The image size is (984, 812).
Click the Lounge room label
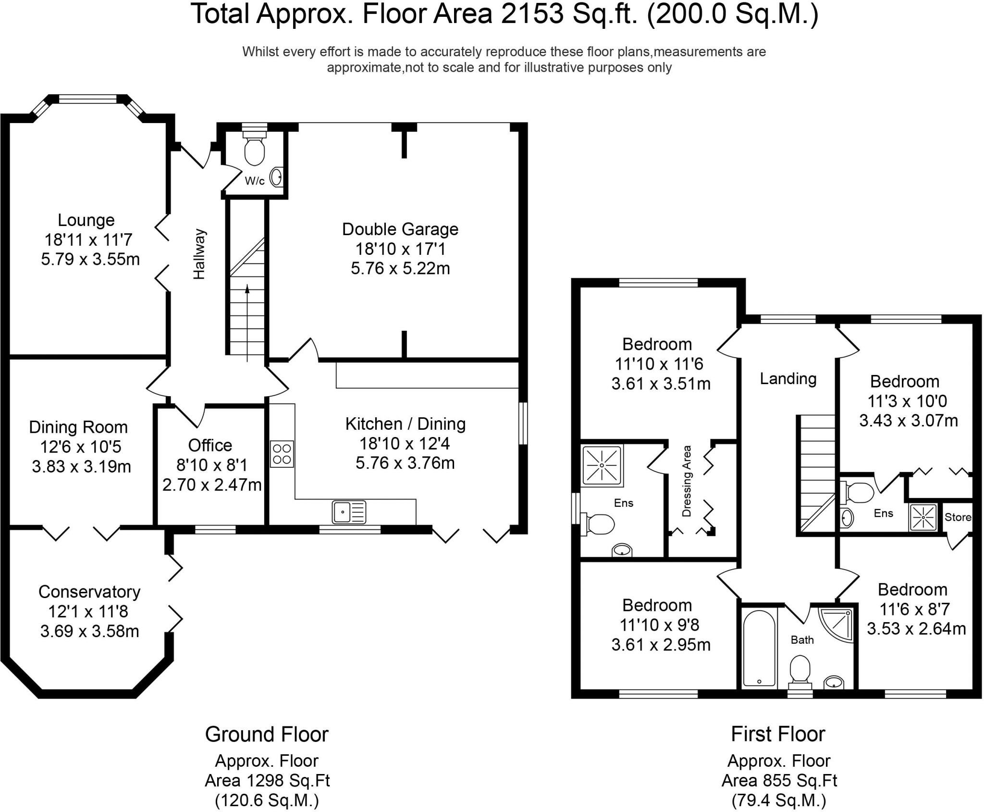[x=86, y=220]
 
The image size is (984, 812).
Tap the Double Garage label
[x=400, y=229]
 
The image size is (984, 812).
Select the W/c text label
[x=255, y=181]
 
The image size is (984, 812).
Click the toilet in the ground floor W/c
[x=254, y=150]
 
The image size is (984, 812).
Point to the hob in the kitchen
[x=282, y=453]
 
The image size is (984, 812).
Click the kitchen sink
[x=349, y=512]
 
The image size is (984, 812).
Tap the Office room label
[x=210, y=446]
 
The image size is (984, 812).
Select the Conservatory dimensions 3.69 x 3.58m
[x=90, y=631]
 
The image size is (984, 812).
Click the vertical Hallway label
[x=199, y=254]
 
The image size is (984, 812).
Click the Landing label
[x=788, y=379]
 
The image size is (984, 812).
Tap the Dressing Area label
[x=687, y=481]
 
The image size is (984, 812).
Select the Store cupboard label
[x=958, y=517]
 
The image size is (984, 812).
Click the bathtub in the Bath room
[x=759, y=648]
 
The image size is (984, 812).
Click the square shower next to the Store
[x=923, y=518]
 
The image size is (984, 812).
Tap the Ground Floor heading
[x=267, y=734]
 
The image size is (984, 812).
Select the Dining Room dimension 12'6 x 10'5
[x=81, y=447]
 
